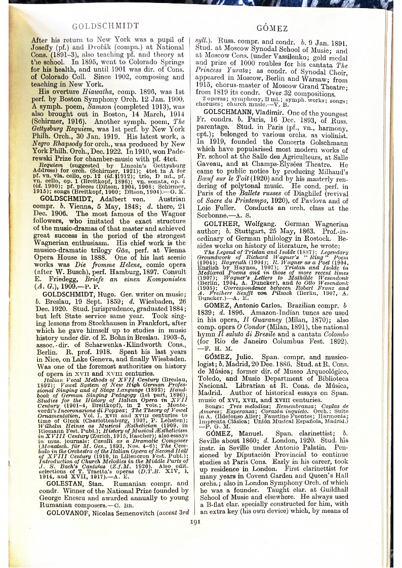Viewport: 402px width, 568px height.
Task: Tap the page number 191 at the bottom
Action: (195, 521)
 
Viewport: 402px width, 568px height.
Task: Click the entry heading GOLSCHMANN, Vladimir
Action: (245, 112)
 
